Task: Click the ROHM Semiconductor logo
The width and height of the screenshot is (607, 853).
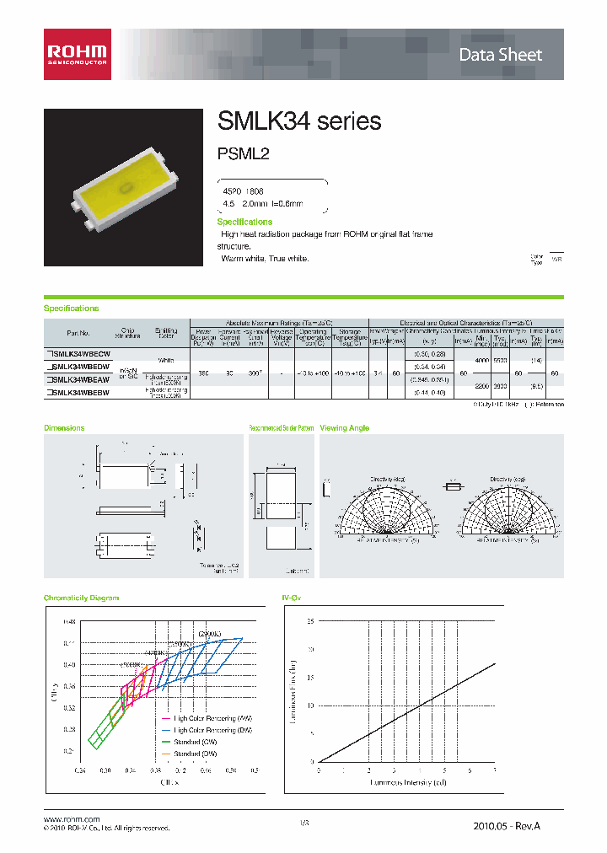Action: tap(77, 54)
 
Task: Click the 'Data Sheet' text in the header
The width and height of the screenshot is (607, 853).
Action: tap(500, 55)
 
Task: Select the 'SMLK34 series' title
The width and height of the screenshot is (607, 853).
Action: tap(299, 121)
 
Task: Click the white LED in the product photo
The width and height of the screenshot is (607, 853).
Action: tap(124, 187)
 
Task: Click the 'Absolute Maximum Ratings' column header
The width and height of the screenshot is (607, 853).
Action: tap(279, 323)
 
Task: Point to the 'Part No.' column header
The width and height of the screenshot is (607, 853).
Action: tap(78, 332)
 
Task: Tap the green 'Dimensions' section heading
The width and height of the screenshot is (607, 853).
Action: tap(64, 428)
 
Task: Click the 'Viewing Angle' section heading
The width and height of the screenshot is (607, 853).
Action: tap(344, 428)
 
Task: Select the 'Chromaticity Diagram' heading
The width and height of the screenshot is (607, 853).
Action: tap(82, 598)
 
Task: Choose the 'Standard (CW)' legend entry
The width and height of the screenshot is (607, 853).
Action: tap(194, 742)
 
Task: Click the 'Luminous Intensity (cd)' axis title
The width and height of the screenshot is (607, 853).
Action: tap(406, 782)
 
